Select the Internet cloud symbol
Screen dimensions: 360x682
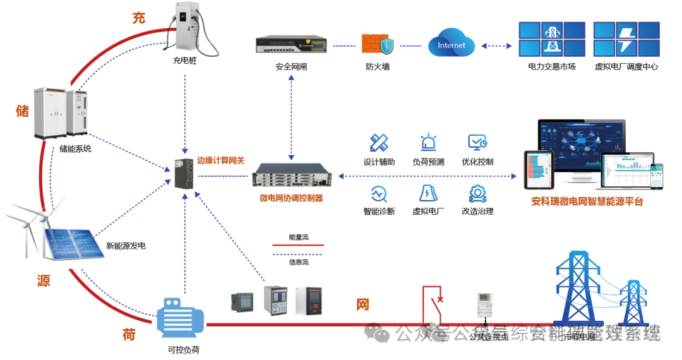point(451,45)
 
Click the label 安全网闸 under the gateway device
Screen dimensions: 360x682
point(291,66)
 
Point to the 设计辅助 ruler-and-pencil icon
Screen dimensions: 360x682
point(379,142)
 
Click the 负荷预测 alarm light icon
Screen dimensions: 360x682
point(428,142)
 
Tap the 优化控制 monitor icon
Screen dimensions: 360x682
point(477,142)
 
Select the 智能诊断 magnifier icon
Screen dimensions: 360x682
point(379,193)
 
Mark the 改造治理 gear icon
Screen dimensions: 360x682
point(477,193)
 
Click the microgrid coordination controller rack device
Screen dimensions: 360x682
point(291,175)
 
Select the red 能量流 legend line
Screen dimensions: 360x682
point(298,245)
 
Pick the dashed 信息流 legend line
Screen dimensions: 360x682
point(298,254)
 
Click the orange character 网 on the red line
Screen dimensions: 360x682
point(362,305)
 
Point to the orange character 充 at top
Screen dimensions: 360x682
point(138,18)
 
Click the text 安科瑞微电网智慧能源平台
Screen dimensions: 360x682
point(587,202)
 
